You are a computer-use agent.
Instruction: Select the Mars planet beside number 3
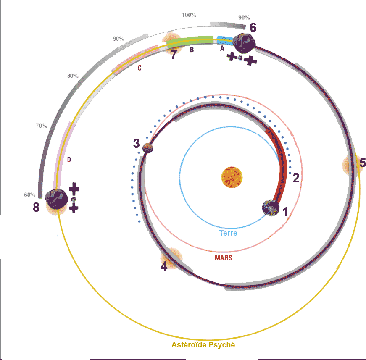click(147, 147)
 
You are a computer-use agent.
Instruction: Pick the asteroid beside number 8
click(56, 199)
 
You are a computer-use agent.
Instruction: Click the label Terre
click(228, 233)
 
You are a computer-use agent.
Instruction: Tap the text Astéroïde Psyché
click(203, 345)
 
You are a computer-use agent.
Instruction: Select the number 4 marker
click(164, 266)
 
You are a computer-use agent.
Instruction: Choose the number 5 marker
click(362, 163)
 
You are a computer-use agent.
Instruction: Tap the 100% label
click(189, 15)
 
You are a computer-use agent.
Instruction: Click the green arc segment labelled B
click(190, 41)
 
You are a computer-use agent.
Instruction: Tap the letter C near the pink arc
click(140, 68)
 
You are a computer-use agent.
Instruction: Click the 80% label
click(72, 76)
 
